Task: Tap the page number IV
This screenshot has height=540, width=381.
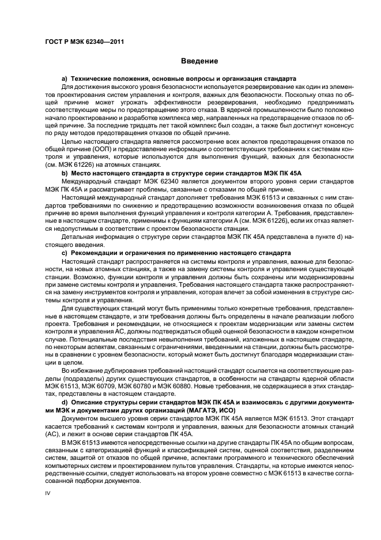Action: pos(48,493)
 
